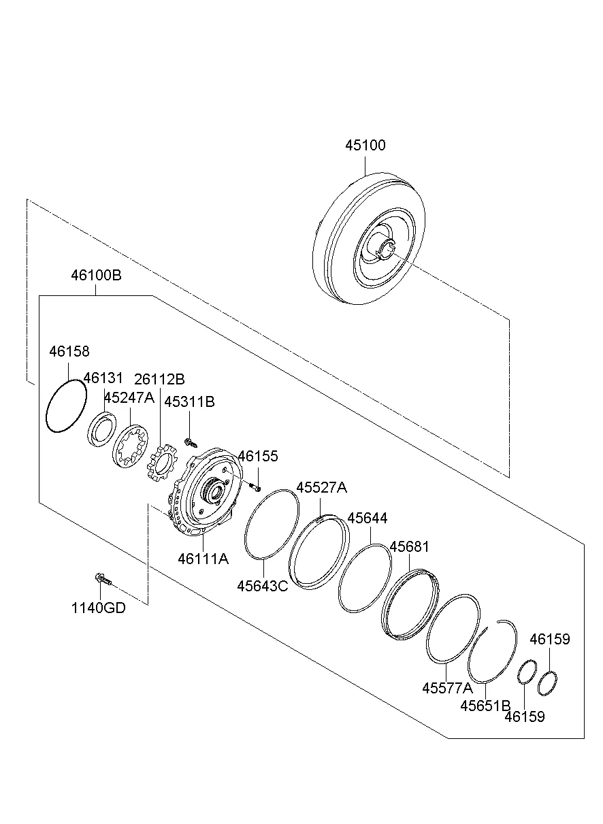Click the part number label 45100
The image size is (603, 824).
point(365,146)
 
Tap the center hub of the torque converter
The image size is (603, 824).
point(384,249)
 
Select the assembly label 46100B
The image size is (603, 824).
point(96,276)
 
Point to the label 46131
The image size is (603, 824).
point(103,378)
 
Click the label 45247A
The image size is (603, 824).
point(129,397)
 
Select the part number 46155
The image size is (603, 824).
point(257,456)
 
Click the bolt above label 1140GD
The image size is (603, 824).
point(100,579)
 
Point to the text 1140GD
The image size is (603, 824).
point(99,608)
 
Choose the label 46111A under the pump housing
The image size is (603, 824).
point(203,559)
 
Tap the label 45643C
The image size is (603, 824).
point(263,585)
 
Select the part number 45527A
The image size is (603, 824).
point(321,487)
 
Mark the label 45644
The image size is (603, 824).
point(368,518)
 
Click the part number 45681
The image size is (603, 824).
point(410,546)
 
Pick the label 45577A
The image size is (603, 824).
point(447,687)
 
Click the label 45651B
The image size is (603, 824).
point(485,705)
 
